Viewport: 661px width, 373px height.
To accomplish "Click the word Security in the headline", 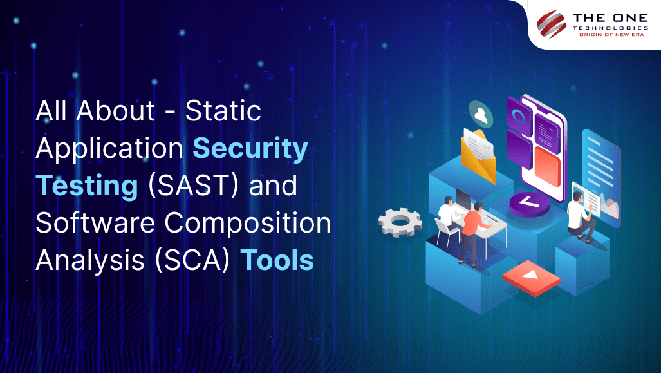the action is coord(250,149).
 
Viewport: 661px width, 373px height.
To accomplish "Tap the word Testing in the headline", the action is coord(87,186).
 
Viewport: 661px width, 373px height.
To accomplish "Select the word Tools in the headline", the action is coord(277,260).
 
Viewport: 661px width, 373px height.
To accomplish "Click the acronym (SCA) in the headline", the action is coord(192,260).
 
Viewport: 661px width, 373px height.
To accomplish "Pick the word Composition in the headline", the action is coord(247,224).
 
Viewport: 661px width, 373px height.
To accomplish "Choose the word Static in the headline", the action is coord(223,111).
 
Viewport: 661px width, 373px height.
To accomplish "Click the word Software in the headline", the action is coord(95,222).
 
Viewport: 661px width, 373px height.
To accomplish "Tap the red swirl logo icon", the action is coord(552,24).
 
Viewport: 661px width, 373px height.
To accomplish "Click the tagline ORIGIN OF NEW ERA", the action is coord(611,35).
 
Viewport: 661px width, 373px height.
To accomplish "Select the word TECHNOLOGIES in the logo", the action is coord(610,28).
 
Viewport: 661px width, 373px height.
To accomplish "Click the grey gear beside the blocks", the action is coord(400,222).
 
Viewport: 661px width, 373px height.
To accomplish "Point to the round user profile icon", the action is coord(481,114).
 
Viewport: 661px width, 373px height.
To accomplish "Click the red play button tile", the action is coord(531,278).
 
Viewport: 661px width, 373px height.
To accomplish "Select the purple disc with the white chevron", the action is coord(530,204).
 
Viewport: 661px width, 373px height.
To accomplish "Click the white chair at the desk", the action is coord(445,233).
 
